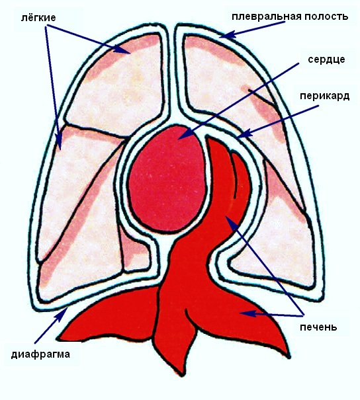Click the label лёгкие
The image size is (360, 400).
pyautogui.click(x=38, y=18)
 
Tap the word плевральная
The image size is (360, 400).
pyautogui.click(x=266, y=17)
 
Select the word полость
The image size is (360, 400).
pyautogui.click(x=326, y=17)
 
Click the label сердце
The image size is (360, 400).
pyautogui.click(x=326, y=60)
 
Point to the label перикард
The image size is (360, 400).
pyautogui.click(x=324, y=96)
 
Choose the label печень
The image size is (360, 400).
pyautogui.click(x=318, y=327)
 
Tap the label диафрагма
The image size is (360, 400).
pyautogui.click(x=40, y=354)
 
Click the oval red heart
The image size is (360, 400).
pyautogui.click(x=167, y=179)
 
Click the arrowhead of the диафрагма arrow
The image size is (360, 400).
pyautogui.click(x=64, y=313)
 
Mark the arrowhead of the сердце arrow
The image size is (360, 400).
pyautogui.click(x=185, y=134)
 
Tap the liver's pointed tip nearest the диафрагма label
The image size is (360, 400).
pyautogui.click(x=58, y=339)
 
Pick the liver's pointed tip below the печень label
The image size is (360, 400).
pyautogui.click(x=289, y=356)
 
